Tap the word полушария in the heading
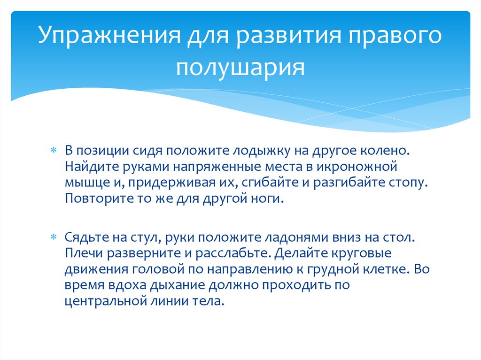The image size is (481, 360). (240, 67)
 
